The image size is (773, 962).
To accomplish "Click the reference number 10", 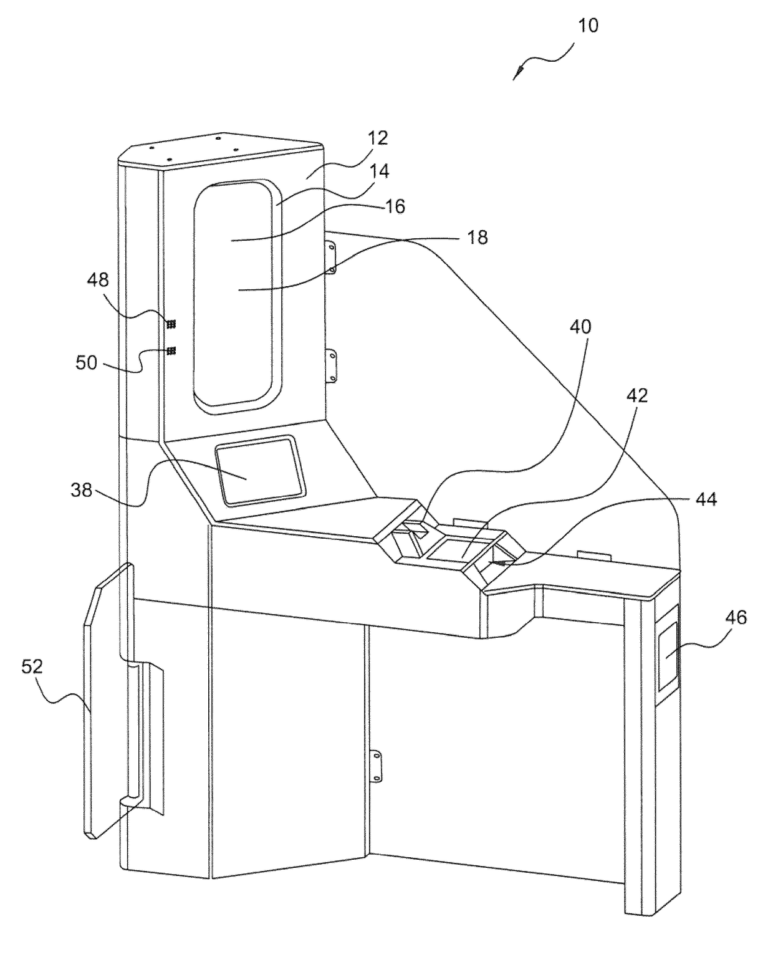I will (588, 26).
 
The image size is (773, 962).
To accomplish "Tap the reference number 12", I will (378, 138).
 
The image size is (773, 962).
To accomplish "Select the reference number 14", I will (380, 171).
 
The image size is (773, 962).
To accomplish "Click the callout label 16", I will (395, 206).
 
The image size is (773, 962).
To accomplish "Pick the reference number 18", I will (478, 238).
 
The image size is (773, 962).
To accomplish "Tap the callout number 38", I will (82, 491).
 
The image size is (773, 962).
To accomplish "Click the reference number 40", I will (580, 327).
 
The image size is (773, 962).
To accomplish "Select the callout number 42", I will (636, 395).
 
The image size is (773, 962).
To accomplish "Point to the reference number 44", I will (706, 499).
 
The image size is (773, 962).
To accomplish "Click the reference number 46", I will (736, 617).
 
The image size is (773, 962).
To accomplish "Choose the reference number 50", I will (87, 362).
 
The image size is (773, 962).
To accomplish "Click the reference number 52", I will (32, 666).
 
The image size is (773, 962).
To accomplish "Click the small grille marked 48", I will (171, 324).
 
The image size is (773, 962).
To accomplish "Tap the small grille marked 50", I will (171, 351).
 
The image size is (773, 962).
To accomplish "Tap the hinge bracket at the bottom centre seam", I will (377, 766).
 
